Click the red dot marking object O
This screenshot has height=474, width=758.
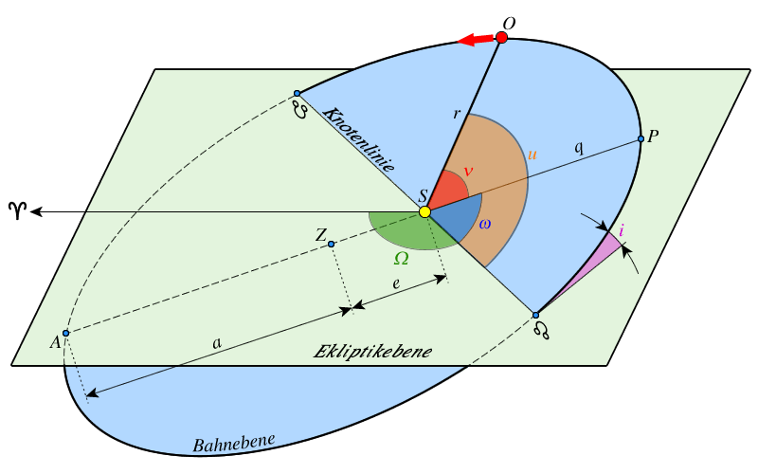(501, 37)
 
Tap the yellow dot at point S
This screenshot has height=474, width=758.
(424, 211)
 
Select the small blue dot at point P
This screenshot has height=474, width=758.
(641, 139)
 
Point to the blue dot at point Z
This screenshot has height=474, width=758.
(331, 245)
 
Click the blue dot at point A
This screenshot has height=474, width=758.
(65, 332)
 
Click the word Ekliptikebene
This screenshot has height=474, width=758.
(372, 352)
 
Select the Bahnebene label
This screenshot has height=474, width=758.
(234, 443)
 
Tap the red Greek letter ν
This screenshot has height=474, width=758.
(467, 172)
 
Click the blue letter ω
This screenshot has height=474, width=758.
(484, 224)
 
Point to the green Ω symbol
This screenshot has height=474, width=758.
(402, 258)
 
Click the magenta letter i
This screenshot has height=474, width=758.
(621, 230)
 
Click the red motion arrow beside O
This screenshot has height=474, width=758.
(476, 40)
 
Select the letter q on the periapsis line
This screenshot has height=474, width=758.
(579, 148)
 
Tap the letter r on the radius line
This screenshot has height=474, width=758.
(457, 114)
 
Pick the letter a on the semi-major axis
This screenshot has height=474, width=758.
(217, 343)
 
